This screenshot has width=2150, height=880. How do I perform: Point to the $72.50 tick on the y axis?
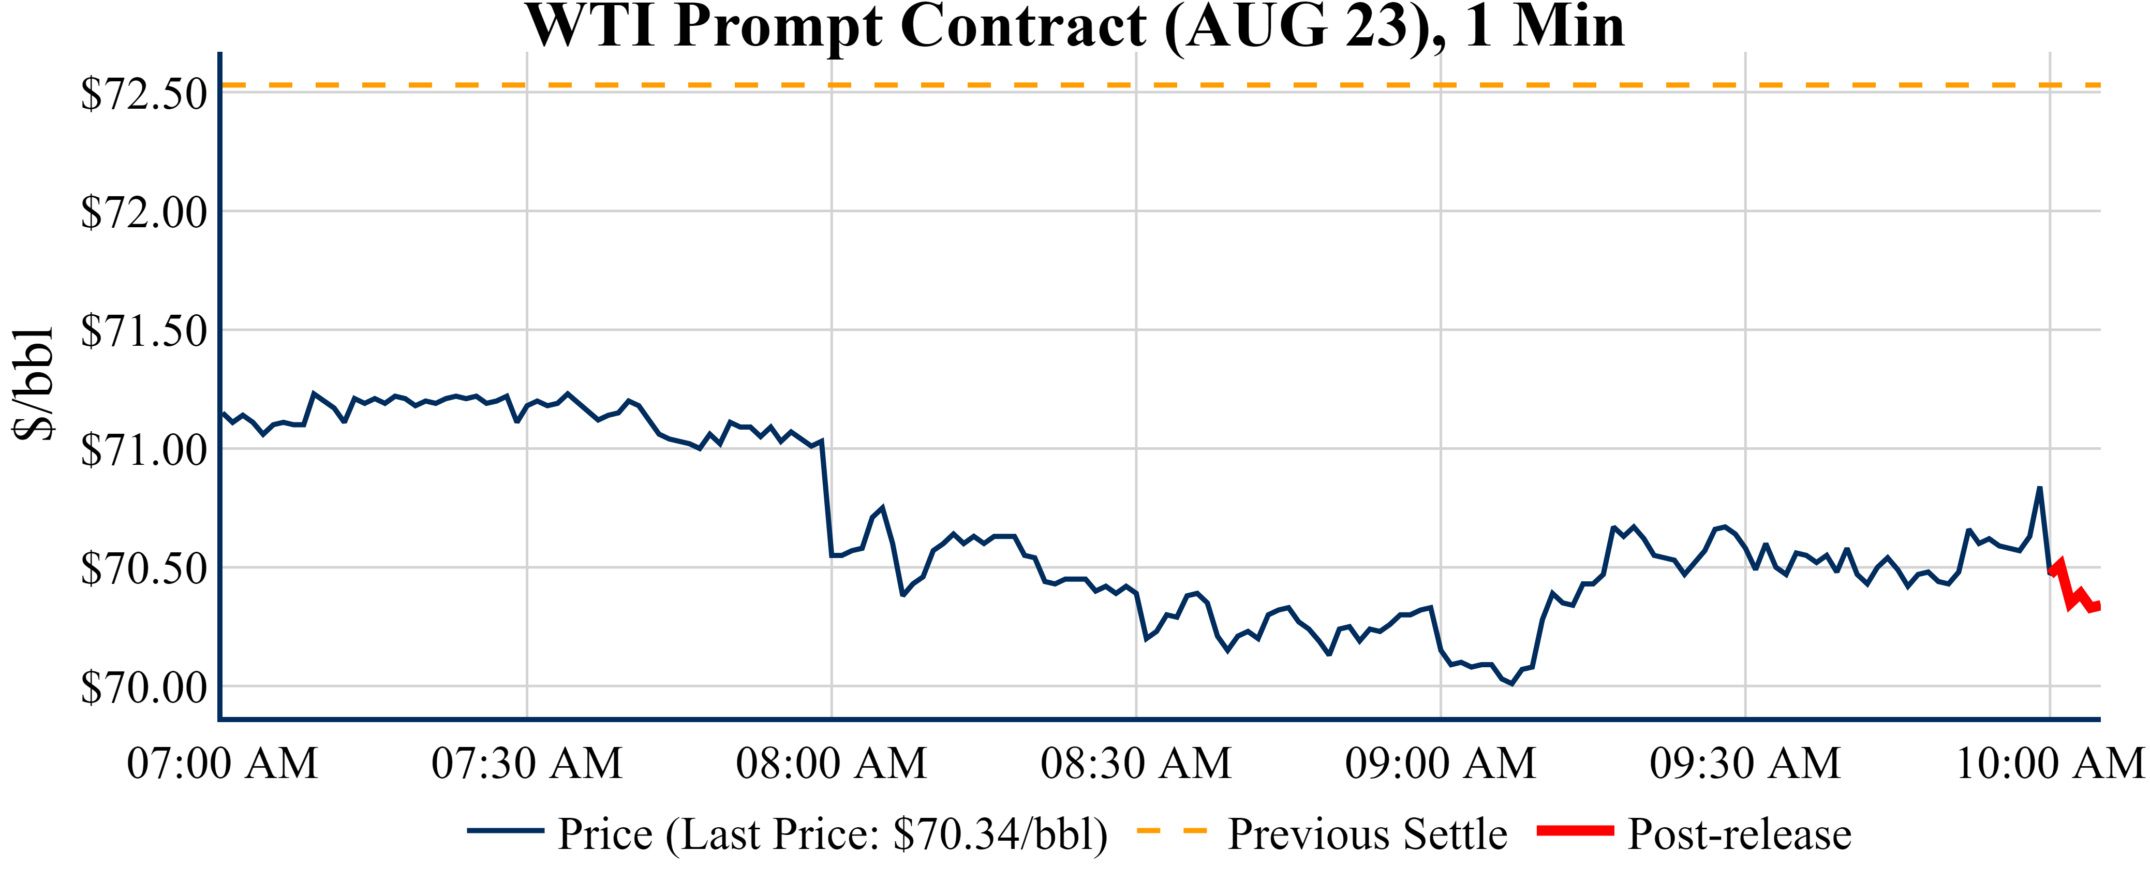click(143, 94)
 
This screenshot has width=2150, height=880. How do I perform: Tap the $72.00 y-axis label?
click(143, 212)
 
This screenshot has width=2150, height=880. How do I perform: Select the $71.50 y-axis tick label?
click(143, 331)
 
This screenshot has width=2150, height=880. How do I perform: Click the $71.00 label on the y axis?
click(143, 450)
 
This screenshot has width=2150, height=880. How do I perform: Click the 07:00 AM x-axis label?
click(222, 763)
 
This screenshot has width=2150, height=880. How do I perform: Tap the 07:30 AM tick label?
click(527, 763)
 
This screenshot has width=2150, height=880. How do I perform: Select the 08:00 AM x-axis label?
click(832, 763)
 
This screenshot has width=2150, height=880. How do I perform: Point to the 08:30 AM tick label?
click(1136, 763)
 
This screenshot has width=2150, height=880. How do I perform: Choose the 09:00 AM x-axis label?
click(1441, 763)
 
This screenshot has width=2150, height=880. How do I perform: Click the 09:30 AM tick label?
click(1745, 763)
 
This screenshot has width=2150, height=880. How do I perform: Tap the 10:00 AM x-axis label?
click(2050, 763)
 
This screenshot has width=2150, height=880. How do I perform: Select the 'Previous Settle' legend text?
click(1367, 834)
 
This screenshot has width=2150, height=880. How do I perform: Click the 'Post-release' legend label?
click(1739, 834)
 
